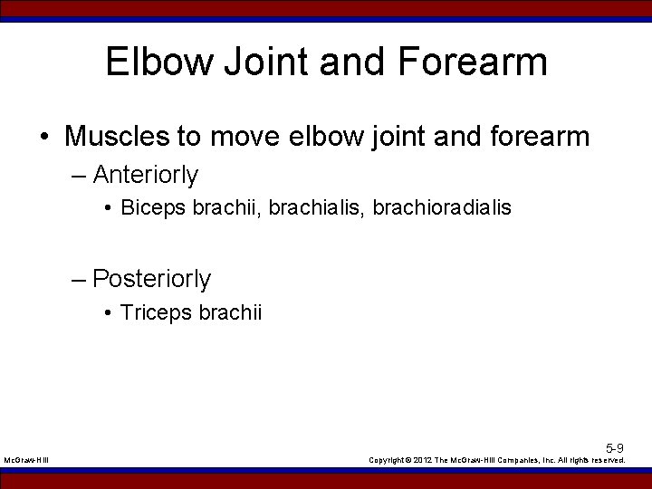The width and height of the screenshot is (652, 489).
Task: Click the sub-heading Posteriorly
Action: coord(151,279)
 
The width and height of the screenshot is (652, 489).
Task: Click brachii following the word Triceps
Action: coord(230,313)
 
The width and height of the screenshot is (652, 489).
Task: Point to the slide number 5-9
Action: coord(615,447)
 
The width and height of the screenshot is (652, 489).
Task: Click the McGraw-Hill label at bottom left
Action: coord(26,460)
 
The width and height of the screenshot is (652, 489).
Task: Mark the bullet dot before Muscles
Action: coord(44,138)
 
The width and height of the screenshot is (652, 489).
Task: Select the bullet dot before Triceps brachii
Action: coord(107,313)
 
